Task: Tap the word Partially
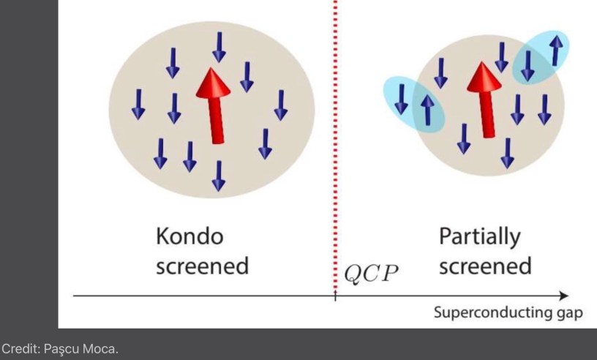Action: (480, 237)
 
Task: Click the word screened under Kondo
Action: (202, 265)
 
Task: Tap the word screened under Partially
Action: (485, 265)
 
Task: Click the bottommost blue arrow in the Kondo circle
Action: (217, 174)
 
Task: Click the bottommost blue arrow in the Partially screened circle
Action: (507, 152)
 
